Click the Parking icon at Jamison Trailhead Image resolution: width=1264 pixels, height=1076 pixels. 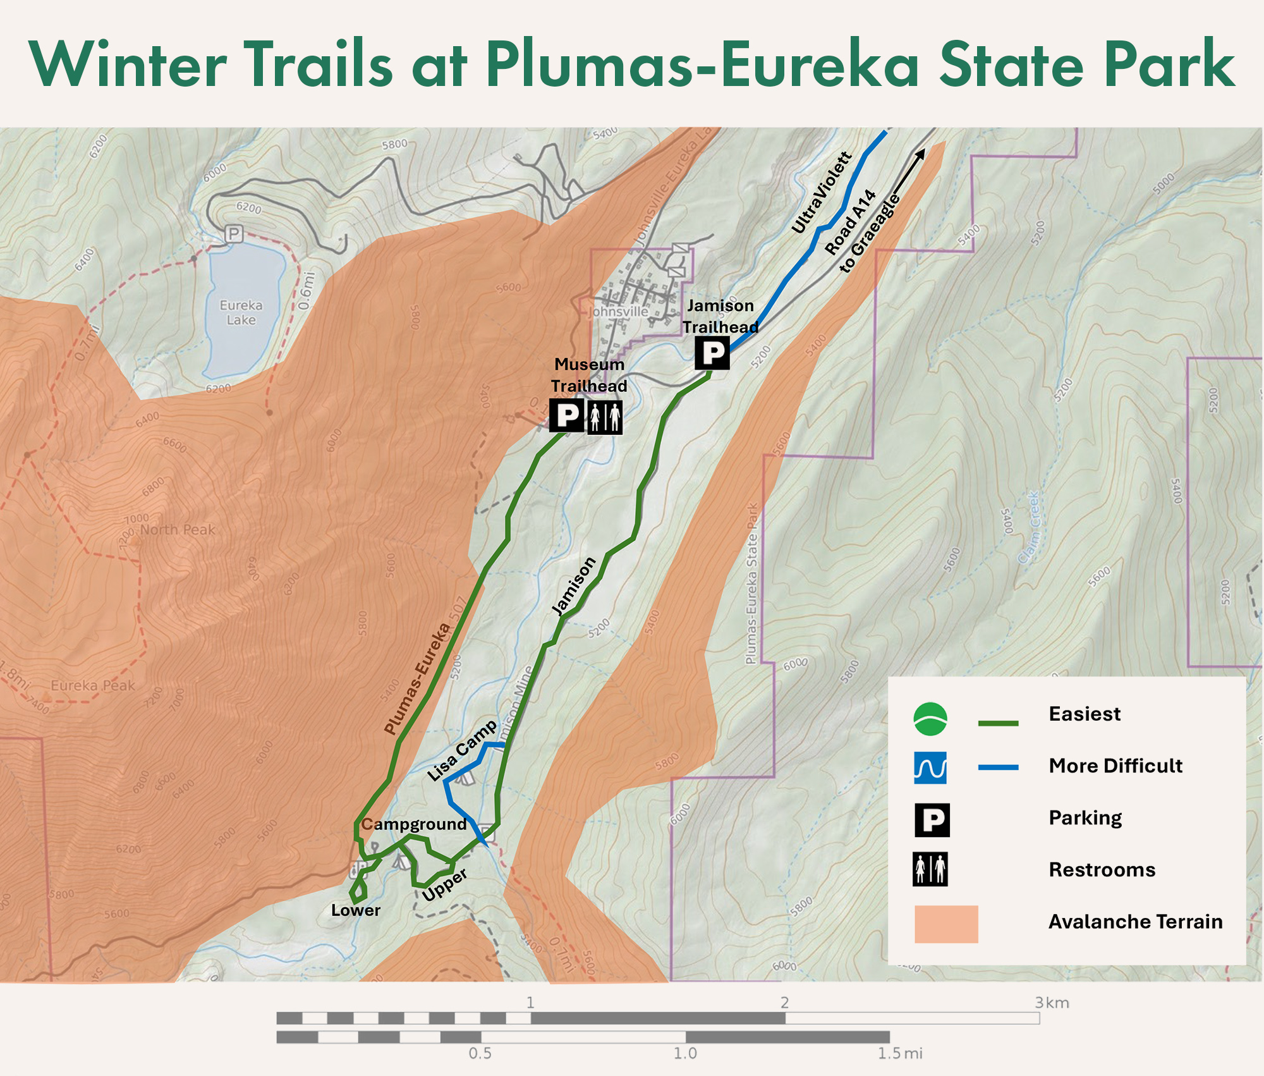(712, 353)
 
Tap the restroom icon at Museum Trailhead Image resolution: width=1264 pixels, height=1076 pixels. (605, 417)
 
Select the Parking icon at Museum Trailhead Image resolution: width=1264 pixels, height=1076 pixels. (567, 415)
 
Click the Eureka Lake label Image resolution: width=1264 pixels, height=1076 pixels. (241, 312)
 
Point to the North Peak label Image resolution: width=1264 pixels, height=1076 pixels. (177, 530)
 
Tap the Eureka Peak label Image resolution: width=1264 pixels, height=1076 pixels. (92, 685)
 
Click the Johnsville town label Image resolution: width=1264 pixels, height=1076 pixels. (619, 312)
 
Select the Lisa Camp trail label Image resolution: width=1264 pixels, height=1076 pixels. (461, 751)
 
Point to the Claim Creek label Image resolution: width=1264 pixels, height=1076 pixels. (1029, 528)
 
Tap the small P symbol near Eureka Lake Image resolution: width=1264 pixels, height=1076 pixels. (234, 234)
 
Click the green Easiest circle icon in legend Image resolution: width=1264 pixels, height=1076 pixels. (930, 719)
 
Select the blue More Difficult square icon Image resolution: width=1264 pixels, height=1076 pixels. (930, 767)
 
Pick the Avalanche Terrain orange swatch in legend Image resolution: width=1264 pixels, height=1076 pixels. (946, 924)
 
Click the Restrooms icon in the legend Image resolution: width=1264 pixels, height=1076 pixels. (930, 869)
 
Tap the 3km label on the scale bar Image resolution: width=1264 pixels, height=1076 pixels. (1052, 1003)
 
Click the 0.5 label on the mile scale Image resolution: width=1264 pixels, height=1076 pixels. (480, 1053)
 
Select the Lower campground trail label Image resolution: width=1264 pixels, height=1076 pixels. (356, 910)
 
